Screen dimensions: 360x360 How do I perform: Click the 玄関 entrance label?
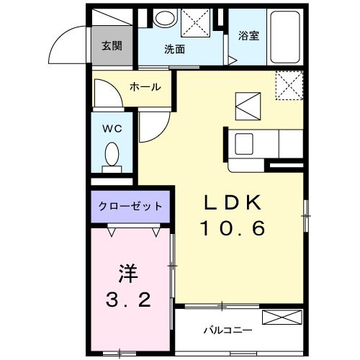pyautogui.click(x=111, y=46)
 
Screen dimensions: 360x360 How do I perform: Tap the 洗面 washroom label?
pyautogui.click(x=174, y=50)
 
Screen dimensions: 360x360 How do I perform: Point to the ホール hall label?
pyautogui.click(x=145, y=87)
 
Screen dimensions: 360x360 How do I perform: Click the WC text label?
pyautogui.click(x=111, y=129)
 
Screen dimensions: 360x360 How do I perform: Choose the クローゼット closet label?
pyautogui.click(x=130, y=207)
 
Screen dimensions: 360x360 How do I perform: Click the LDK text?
pyautogui.click(x=234, y=204)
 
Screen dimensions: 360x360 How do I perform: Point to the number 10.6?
pyautogui.click(x=233, y=229)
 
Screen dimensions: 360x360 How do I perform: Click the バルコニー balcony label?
pyautogui.click(x=226, y=330)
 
